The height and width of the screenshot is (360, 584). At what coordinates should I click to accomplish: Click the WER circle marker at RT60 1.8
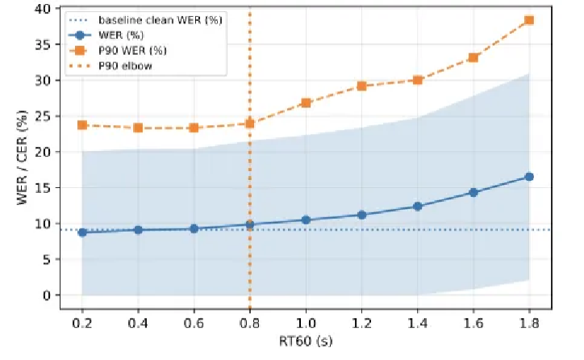tap(529, 176)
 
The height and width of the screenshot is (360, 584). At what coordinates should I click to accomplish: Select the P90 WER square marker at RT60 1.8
tap(529, 20)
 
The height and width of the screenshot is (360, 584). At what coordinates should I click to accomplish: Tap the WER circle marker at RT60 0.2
tap(82, 232)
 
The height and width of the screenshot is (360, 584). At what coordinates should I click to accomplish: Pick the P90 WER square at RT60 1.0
tap(306, 103)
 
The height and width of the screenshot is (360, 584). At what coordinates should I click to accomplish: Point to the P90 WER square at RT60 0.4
tap(138, 128)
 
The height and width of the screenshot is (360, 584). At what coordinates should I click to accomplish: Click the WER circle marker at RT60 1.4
tap(417, 206)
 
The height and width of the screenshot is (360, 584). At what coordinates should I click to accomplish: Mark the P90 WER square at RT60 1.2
tap(361, 86)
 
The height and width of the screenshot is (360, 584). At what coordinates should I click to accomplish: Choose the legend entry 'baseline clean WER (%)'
tap(153, 19)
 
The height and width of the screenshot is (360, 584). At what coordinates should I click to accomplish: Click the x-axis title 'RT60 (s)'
tap(306, 341)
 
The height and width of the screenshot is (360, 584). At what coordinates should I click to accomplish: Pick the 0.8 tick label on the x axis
tap(249, 321)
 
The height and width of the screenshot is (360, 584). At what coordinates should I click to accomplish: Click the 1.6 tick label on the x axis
tap(473, 321)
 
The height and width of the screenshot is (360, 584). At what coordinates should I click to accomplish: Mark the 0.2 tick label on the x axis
tap(82, 321)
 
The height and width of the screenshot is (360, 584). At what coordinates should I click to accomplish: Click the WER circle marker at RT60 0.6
tap(194, 228)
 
